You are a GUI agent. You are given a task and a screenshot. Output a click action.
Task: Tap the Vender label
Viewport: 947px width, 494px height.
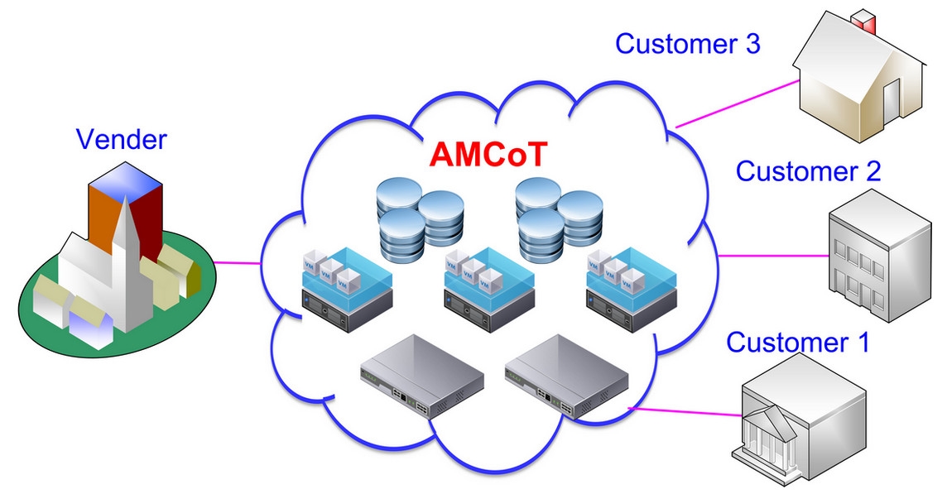click(x=122, y=140)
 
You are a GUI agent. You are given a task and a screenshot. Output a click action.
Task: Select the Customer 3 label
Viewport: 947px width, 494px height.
click(x=687, y=44)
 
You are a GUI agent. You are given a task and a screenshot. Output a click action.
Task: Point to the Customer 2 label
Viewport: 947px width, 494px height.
click(x=808, y=171)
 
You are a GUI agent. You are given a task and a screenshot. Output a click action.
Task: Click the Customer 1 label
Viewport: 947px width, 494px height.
click(x=797, y=342)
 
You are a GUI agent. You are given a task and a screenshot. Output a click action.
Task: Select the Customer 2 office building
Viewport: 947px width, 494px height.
click(x=879, y=256)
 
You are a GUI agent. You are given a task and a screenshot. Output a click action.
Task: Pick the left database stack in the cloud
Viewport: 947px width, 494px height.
click(x=420, y=219)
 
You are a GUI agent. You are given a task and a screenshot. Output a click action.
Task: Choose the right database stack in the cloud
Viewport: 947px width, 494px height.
click(x=560, y=219)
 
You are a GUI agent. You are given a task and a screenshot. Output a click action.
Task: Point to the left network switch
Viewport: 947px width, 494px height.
click(x=421, y=376)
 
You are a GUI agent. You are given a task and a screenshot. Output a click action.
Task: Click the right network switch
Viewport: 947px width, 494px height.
click(x=566, y=376)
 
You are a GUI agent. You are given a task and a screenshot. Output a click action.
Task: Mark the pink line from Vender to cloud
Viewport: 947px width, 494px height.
click(x=238, y=262)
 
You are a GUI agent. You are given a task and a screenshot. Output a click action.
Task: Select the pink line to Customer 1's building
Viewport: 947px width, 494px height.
click(x=685, y=412)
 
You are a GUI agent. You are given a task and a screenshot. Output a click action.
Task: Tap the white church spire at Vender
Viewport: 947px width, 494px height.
click(x=127, y=260)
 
